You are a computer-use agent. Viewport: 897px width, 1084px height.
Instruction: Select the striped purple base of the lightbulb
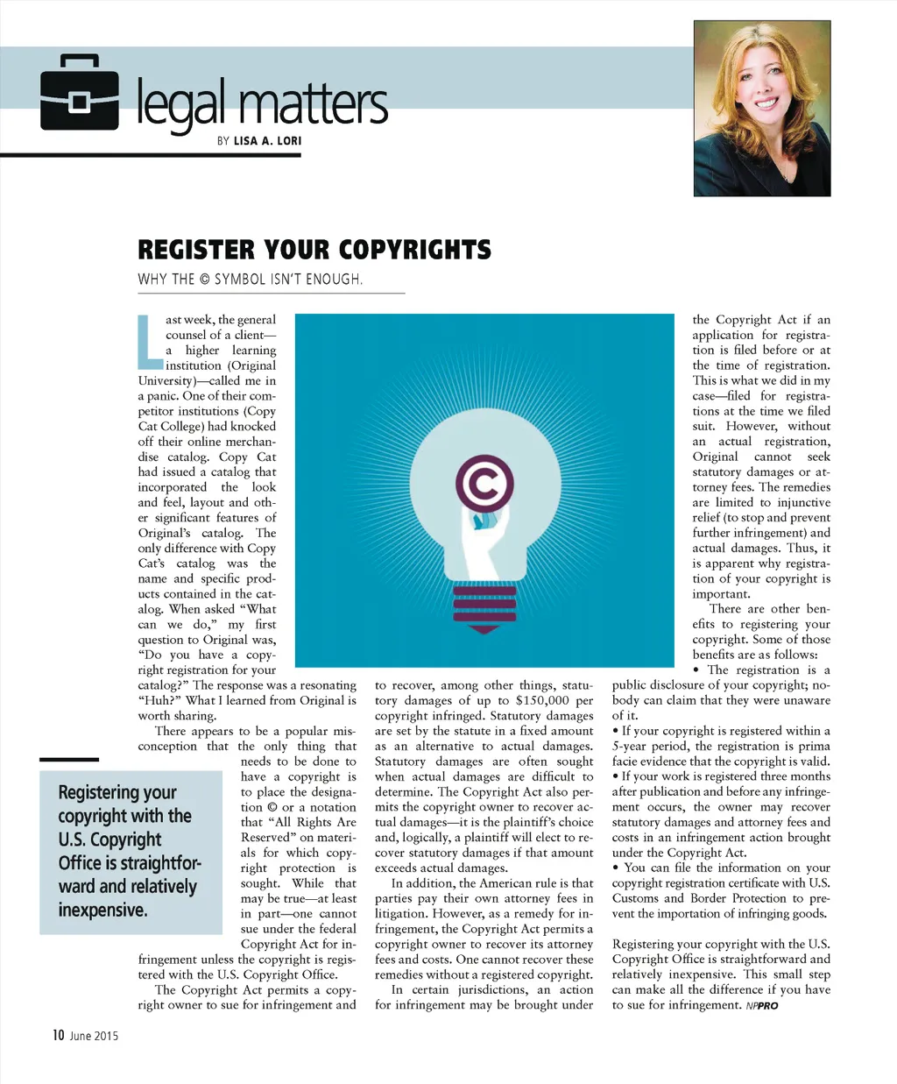point(484,606)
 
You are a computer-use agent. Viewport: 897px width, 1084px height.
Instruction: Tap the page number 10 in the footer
point(58,1036)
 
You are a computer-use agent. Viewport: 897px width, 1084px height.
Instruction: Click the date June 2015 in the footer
point(94,1037)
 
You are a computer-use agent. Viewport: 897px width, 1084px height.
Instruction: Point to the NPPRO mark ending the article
point(762,1006)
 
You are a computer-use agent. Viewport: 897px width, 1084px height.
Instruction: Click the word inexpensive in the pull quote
point(102,910)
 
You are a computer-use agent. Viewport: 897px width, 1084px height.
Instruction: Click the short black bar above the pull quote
point(69,759)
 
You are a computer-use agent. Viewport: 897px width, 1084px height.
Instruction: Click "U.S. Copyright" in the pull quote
point(109,840)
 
